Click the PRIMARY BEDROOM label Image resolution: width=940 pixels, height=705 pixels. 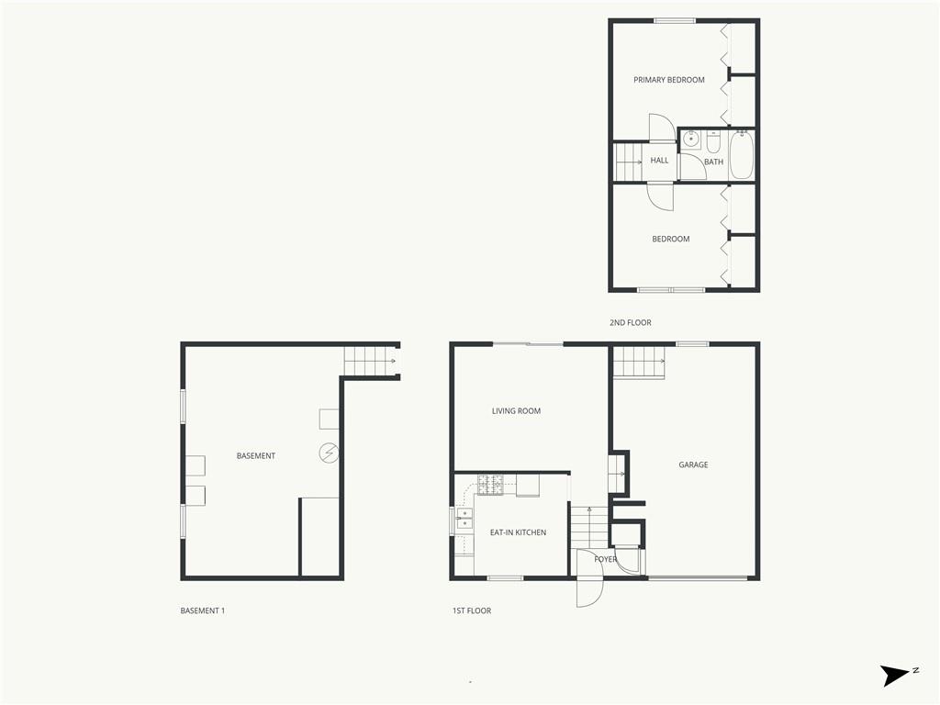[669, 80]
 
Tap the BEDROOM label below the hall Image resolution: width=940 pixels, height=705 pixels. [671, 239]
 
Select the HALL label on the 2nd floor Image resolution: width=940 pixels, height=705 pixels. [659, 160]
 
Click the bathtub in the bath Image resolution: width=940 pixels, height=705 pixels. [742, 154]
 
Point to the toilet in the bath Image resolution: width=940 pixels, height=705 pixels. [713, 142]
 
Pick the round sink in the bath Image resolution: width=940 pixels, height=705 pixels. [691, 140]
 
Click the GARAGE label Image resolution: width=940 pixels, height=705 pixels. [693, 464]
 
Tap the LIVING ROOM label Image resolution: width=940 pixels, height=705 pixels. [516, 410]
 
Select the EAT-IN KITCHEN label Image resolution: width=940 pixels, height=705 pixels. [518, 532]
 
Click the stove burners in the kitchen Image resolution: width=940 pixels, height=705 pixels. [490, 485]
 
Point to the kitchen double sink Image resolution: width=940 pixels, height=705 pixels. [464, 520]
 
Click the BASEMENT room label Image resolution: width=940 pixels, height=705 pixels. [256, 455]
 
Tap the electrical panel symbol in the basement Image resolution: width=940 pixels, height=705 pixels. [329, 453]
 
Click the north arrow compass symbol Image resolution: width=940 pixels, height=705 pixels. [899, 675]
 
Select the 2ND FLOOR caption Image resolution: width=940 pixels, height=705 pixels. [630, 322]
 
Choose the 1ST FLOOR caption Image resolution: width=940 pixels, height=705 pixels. [472, 610]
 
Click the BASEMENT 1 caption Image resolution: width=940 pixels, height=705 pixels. [203, 610]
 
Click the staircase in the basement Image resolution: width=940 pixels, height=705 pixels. [370, 362]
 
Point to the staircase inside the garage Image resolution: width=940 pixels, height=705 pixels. [639, 363]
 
